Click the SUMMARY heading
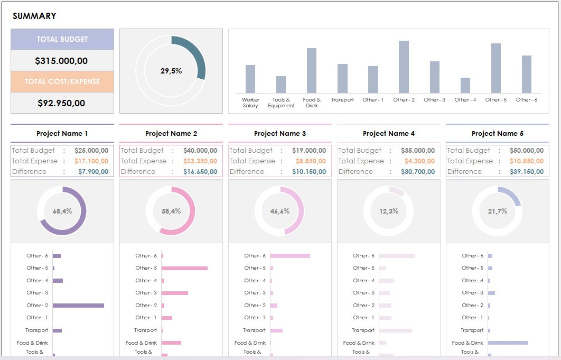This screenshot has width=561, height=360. pyautogui.click(x=34, y=16)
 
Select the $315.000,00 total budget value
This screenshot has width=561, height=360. pyautogui.click(x=61, y=61)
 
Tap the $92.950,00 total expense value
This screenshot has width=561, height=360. pyautogui.click(x=61, y=103)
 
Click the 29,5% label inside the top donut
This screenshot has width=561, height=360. pyautogui.click(x=171, y=71)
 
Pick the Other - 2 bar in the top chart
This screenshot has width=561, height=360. pyautogui.click(x=404, y=67)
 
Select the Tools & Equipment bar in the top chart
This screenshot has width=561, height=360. pyautogui.click(x=281, y=85)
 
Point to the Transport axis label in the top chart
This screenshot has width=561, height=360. pyautogui.click(x=342, y=100)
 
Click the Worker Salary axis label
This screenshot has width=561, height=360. pyautogui.click(x=250, y=103)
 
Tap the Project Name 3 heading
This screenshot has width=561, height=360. pyautogui.click(x=280, y=134)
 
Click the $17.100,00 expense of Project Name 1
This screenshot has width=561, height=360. pyautogui.click(x=91, y=161)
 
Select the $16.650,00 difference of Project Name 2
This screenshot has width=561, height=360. pyautogui.click(x=200, y=172)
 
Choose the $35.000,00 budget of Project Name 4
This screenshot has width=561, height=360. pyautogui.click(x=418, y=151)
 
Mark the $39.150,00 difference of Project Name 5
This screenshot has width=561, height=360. pyautogui.click(x=527, y=172)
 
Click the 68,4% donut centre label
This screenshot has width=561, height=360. pyautogui.click(x=62, y=211)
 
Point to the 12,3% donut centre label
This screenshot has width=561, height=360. pyautogui.click(x=389, y=211)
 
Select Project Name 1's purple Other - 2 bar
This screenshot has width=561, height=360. pyautogui.click(x=78, y=306)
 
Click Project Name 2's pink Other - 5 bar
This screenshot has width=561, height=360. pyautogui.click(x=184, y=268)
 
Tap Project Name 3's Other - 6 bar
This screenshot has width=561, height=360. pyautogui.click(x=290, y=256)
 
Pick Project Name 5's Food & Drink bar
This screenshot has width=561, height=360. pyautogui.click(x=508, y=343)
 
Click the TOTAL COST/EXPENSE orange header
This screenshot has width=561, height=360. pyautogui.click(x=62, y=82)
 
